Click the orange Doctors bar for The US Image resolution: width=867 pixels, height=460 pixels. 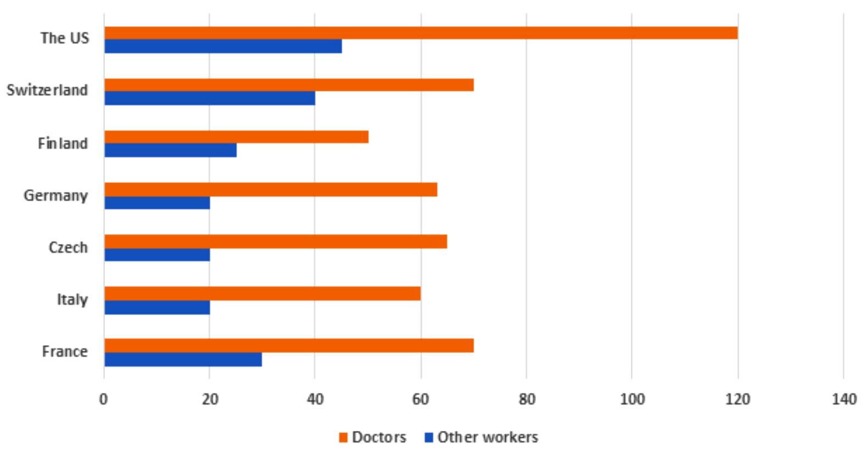coord(421,33)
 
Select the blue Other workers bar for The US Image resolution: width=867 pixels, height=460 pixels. coord(223,47)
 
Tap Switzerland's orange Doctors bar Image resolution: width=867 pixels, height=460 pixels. coord(289,85)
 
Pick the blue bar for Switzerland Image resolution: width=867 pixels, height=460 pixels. coord(210,98)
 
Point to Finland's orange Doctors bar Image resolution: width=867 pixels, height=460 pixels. coord(236,137)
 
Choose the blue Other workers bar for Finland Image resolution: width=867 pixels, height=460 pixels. coord(170,150)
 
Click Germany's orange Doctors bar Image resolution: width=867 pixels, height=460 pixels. coord(271,190)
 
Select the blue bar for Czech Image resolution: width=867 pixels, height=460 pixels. coord(157,255)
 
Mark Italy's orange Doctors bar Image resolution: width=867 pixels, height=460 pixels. coord(262,293)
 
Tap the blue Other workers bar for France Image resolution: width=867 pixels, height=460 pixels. coord(183,359)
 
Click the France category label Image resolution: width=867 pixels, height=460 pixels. coord(65,352)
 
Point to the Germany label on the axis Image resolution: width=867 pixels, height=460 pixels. coord(55,196)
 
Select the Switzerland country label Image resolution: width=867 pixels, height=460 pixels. coord(47,90)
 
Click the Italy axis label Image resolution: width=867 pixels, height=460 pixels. coord(72,300)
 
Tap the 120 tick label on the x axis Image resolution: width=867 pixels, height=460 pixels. coord(737,400)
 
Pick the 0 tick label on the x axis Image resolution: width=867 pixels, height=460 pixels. coord(103,400)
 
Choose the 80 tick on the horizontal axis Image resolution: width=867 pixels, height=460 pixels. coord(527,400)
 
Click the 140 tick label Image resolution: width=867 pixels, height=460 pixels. coord(843,400)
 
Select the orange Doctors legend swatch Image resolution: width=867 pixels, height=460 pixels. coord(344,437)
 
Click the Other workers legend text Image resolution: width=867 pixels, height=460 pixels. coord(488,437)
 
